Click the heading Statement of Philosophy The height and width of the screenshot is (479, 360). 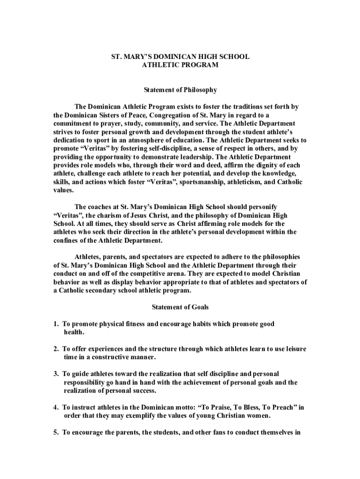pyautogui.click(x=180, y=90)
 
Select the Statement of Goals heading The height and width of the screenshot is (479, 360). pyautogui.click(x=180, y=307)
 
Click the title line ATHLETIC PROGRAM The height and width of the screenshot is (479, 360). pyautogui.click(x=180, y=65)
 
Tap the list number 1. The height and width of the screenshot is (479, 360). pyautogui.click(x=55, y=324)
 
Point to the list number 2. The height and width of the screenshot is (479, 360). pyautogui.click(x=55, y=349)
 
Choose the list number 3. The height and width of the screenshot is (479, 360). pyautogui.click(x=55, y=374)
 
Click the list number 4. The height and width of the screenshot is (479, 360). pyautogui.click(x=55, y=407)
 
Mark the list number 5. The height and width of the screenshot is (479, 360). pyautogui.click(x=55, y=433)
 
